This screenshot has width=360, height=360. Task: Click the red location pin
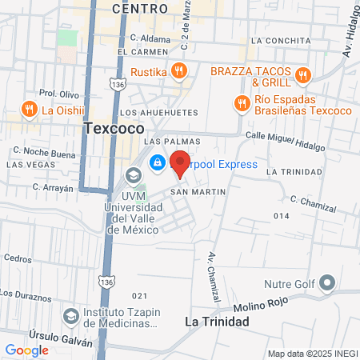180,162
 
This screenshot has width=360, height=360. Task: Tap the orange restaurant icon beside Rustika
180,71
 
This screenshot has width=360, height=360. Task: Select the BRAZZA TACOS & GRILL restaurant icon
302,76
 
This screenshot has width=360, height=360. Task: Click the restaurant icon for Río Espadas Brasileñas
240,102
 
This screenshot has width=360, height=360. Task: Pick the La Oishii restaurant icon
30,110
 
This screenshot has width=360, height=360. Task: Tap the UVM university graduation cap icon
134,175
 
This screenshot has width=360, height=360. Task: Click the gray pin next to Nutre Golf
326,283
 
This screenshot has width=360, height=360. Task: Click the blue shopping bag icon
157,162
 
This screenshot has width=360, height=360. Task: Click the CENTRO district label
140,8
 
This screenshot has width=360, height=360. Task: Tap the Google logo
26,350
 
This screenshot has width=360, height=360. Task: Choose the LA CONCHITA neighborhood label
280,39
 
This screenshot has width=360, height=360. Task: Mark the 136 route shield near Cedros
106,281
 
